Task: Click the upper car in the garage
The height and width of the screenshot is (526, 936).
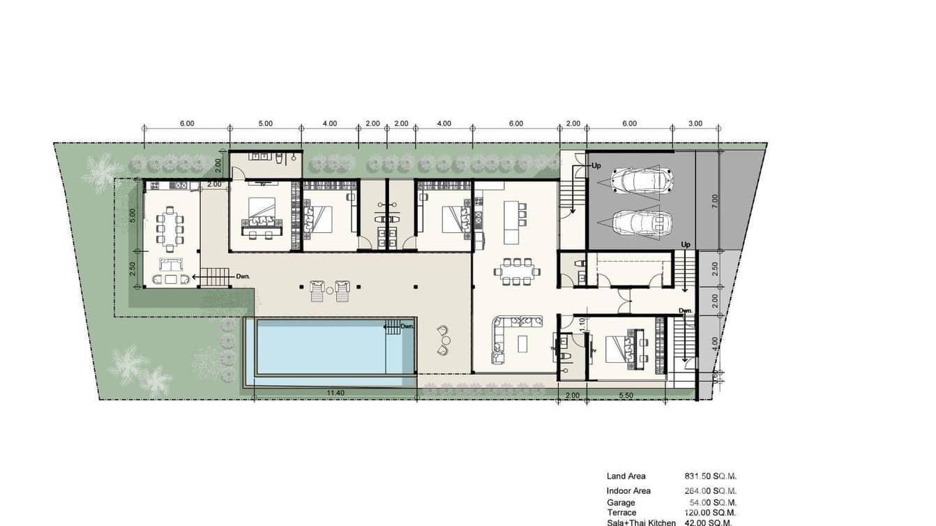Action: (x=642, y=181)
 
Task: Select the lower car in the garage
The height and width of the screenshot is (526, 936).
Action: (x=642, y=223)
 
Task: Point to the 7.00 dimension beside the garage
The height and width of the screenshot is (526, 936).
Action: (x=714, y=202)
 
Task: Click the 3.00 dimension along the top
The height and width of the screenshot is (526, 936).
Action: (x=695, y=123)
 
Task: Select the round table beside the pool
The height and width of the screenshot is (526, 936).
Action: (x=446, y=340)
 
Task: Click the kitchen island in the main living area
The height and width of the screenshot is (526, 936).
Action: (x=513, y=222)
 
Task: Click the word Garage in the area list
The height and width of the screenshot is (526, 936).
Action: (x=621, y=502)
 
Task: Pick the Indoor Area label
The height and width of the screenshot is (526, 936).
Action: (x=628, y=491)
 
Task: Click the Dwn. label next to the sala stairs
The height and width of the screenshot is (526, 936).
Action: (x=243, y=277)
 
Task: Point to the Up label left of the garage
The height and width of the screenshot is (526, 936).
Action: (x=596, y=166)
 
